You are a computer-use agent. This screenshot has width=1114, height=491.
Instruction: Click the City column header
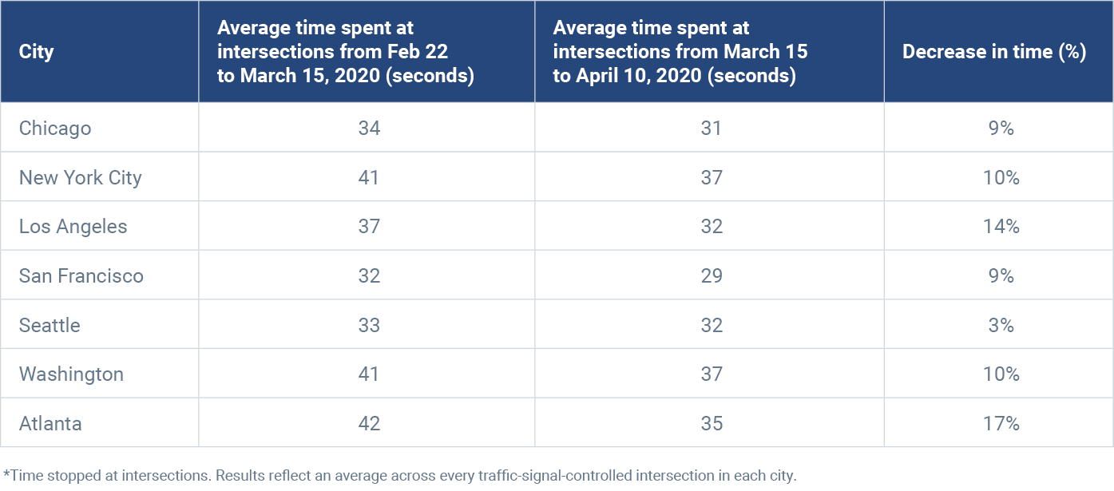coord(36,52)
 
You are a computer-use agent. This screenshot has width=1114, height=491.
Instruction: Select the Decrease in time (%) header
coord(994,52)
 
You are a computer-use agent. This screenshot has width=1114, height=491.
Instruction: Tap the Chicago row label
coord(55,128)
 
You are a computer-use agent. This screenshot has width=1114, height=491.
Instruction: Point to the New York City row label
coord(80,177)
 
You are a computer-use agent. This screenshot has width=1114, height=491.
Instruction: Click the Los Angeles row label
coord(73,227)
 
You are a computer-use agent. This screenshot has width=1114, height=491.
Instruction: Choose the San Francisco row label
coord(81,276)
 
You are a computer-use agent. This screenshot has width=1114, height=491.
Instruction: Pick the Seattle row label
coord(50,325)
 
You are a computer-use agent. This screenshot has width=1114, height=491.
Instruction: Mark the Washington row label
coord(71,374)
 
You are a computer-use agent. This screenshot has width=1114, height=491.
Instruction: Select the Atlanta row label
coord(50,423)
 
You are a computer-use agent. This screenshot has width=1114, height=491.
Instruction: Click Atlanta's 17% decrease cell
coord(1001,423)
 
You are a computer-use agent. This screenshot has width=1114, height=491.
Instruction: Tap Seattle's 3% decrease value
coord(1001,325)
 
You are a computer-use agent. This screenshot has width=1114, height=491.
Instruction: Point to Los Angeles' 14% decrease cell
coord(1001,227)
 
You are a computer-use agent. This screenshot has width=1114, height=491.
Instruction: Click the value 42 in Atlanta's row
coord(369,423)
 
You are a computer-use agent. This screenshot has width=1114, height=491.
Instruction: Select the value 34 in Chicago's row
coord(369,128)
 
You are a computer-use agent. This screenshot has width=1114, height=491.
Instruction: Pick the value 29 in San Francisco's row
coord(711,276)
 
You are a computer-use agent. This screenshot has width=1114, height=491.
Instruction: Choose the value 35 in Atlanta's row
coord(711,423)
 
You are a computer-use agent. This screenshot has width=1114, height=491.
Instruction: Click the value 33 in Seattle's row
coord(369,325)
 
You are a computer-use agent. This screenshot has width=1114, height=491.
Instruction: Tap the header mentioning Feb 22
coord(345,52)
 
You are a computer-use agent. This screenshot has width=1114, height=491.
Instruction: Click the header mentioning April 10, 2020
coord(680,52)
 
